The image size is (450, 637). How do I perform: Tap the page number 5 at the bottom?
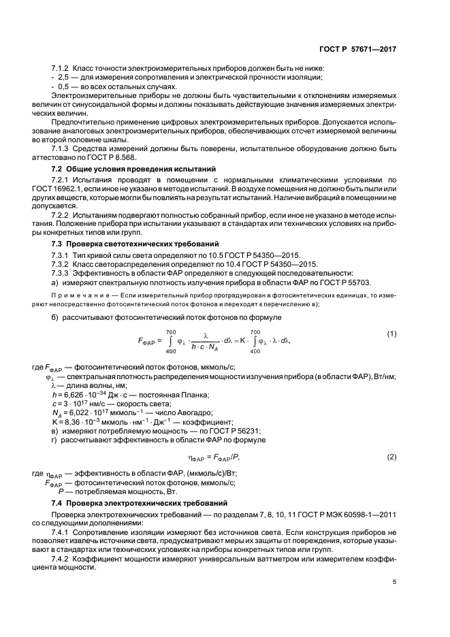click(x=394, y=582)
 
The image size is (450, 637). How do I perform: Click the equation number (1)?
click(x=391, y=333)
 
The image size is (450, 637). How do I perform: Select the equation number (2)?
click(x=391, y=456)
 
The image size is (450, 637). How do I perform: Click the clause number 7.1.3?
click(x=63, y=148)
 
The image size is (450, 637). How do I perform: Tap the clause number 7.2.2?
click(x=63, y=214)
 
